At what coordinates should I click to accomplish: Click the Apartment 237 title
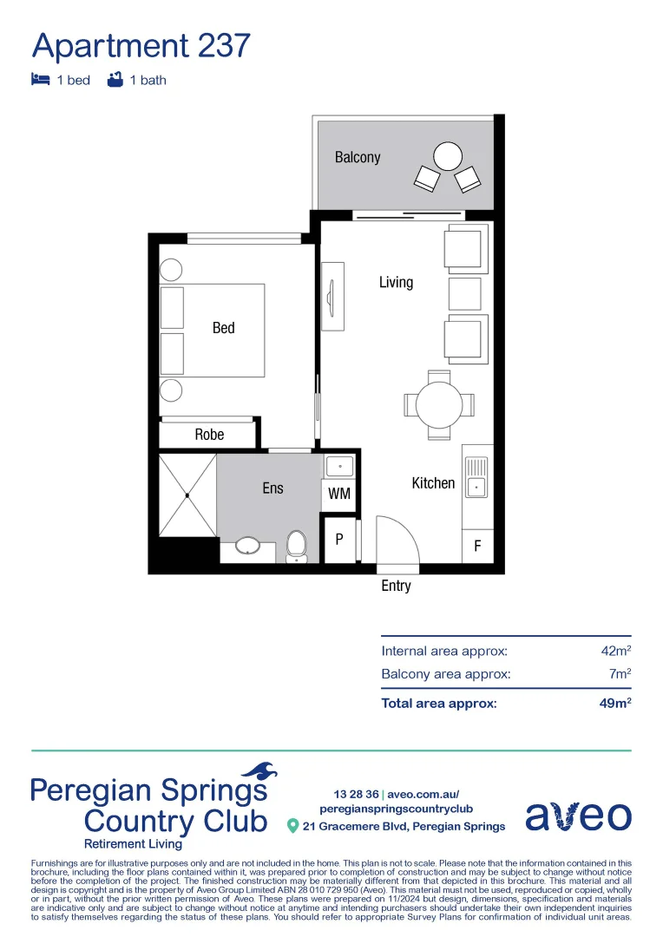141,45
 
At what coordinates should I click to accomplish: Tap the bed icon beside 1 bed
40,80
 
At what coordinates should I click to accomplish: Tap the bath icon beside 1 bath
114,80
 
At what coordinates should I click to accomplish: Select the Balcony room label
358,157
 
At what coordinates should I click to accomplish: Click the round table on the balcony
448,156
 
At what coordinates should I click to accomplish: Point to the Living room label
396,282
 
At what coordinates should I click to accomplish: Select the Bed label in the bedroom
223,328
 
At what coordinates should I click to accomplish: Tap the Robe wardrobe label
209,435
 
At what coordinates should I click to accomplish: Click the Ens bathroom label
272,488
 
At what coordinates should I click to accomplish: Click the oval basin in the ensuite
249,546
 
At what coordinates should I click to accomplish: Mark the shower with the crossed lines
187,495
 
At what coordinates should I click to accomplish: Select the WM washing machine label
338,494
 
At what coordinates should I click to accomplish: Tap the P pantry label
339,539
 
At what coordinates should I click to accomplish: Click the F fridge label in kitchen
477,547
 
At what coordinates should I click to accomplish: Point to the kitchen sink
476,487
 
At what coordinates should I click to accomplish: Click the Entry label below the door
396,586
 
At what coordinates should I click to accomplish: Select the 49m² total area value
614,704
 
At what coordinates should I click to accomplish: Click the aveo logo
578,816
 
